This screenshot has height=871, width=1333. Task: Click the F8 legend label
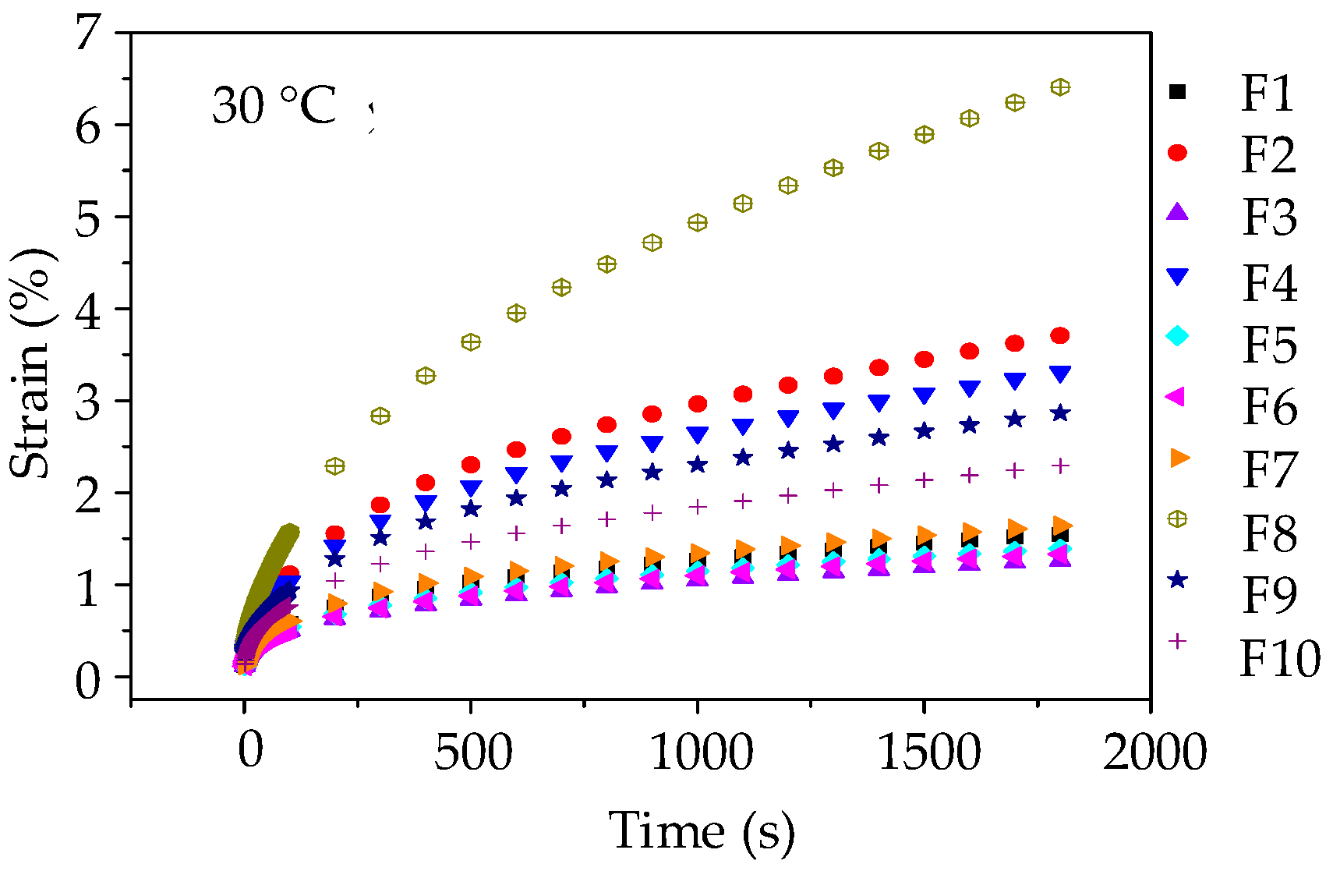coord(1269,533)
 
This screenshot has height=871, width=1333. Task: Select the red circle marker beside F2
coord(1177,153)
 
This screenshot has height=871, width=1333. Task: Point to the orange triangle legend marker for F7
coord(1179,458)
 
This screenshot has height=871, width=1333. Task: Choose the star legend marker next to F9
coord(1177,579)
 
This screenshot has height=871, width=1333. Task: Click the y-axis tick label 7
coord(88,35)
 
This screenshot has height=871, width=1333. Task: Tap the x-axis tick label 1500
coord(928,753)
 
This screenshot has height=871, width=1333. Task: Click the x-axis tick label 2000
coord(1154,753)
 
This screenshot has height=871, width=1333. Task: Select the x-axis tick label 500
coord(473,753)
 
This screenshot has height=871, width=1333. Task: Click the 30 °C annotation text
coord(274,106)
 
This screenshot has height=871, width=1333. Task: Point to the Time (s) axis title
coord(701,831)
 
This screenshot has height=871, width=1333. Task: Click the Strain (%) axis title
coord(31,363)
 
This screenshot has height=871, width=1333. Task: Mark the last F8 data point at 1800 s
coord(1060,87)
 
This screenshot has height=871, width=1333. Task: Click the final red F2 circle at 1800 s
coord(1059,335)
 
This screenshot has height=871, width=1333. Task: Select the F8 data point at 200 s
coord(334,466)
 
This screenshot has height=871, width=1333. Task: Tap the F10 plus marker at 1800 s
coord(1060,466)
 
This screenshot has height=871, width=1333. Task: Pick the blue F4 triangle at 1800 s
coord(1060,374)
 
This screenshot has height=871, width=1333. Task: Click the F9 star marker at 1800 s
coord(1060,413)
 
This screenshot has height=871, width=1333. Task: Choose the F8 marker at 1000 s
coord(697,223)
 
